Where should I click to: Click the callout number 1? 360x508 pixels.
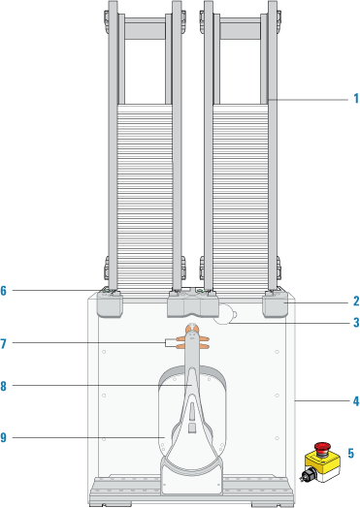click(x=356, y=99)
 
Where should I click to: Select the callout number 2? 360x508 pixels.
click(x=356, y=301)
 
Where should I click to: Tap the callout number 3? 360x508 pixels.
click(x=356, y=323)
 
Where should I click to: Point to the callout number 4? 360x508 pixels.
click(x=356, y=401)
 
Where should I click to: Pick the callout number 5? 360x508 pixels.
click(x=351, y=454)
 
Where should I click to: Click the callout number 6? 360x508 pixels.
click(x=3, y=291)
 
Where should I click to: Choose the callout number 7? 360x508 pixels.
click(x=3, y=344)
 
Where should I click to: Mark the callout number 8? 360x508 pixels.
click(x=3, y=386)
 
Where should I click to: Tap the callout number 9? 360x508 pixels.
click(x=3, y=438)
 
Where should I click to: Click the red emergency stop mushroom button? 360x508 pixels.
click(x=322, y=448)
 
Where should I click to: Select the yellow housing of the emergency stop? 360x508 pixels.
click(x=322, y=462)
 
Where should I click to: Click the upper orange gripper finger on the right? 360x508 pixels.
click(x=204, y=339)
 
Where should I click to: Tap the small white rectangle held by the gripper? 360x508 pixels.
click(x=171, y=343)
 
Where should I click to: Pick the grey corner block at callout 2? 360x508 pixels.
click(x=275, y=304)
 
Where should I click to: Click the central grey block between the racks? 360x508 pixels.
click(x=193, y=302)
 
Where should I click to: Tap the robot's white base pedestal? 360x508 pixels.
click(x=192, y=479)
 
